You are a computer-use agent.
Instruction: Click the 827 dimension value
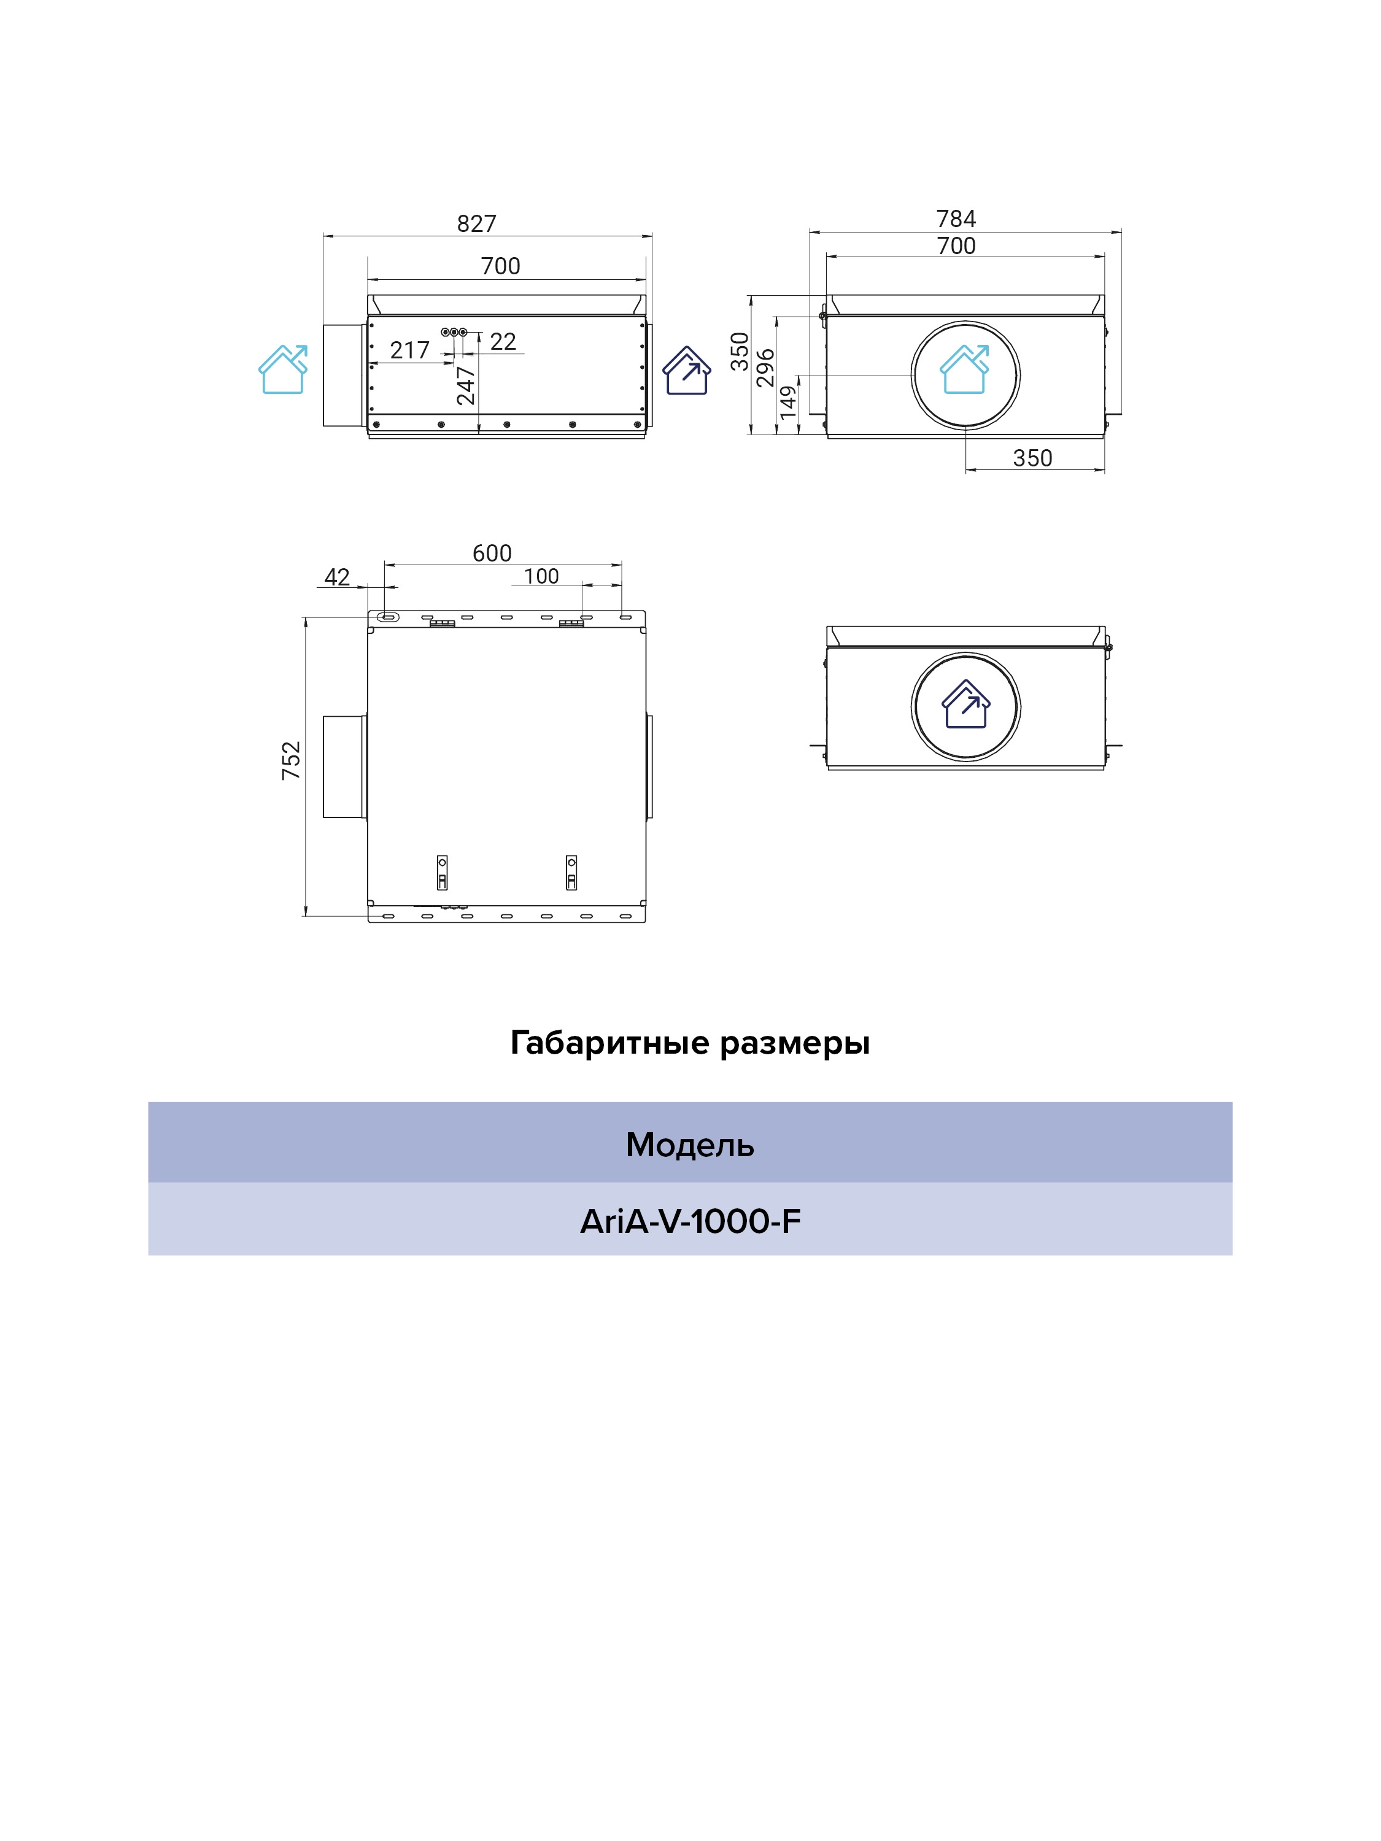coord(476,224)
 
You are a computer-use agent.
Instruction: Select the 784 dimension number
coord(956,219)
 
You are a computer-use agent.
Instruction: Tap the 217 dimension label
coord(409,350)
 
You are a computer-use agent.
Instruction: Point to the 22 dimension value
coord(503,341)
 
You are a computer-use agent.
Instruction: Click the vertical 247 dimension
coord(465,385)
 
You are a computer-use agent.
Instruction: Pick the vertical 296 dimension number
coord(765,368)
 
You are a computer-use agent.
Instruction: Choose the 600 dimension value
coord(492,554)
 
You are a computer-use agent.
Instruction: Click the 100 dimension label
coord(541,576)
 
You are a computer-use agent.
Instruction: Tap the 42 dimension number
coord(337,577)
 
